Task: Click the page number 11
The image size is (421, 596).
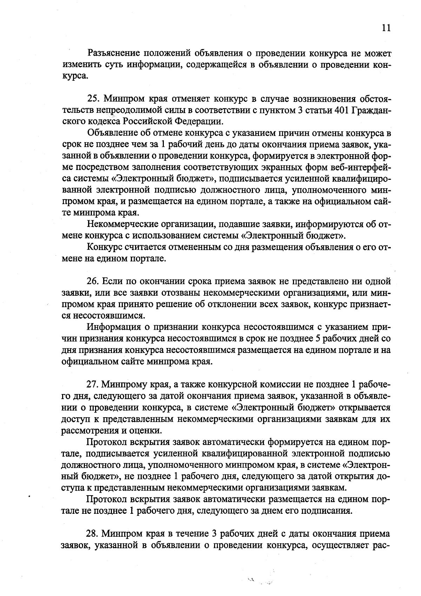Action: coord(386,28)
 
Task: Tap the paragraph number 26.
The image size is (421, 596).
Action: coord(92,281)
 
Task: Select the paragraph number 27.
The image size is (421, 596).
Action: coord(92,385)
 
